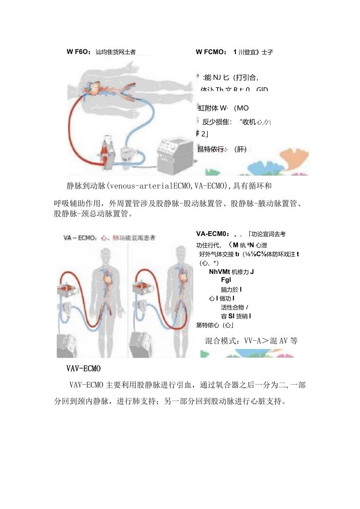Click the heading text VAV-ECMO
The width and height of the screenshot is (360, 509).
tap(84, 369)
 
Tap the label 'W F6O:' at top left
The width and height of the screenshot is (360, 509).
tap(79, 52)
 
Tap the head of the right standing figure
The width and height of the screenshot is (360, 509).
tap(181, 252)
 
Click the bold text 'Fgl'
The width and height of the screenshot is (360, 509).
tap(226, 280)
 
